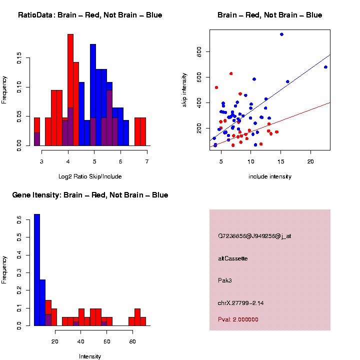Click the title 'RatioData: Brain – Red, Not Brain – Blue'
coord(90,15)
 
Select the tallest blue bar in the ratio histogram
coord(93,95)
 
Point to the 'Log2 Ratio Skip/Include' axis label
coord(90,176)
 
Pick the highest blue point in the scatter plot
coord(281,34)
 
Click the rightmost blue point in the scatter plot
coord(325,67)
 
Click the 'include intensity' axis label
coord(270,176)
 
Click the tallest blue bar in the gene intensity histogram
coord(37,270)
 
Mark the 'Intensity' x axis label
coord(90,356)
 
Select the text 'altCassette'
coord(233,258)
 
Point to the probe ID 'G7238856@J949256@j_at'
coord(254,236)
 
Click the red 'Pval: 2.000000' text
coord(238,319)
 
